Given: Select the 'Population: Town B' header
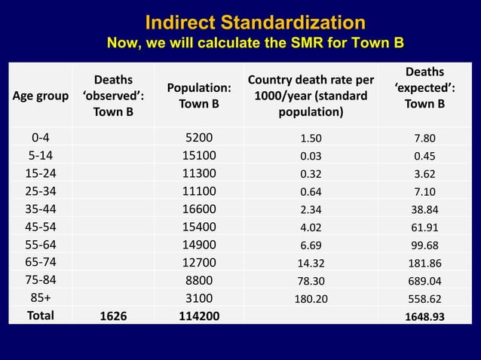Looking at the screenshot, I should [198, 96].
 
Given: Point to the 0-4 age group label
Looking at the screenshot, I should [41, 138].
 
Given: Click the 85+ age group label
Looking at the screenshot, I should [41, 298].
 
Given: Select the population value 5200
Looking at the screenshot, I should [199, 138].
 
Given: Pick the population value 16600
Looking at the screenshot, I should [199, 209].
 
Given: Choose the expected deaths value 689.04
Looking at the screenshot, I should [424, 280].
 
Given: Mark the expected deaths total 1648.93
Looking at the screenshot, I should [424, 316].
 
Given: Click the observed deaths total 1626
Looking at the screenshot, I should [113, 316].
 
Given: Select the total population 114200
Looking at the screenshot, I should [199, 316].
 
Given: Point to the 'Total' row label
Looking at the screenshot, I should [41, 316].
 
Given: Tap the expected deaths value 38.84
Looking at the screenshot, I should [424, 209].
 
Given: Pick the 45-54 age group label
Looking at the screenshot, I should [41, 227].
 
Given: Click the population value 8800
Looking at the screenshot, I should [199, 280].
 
